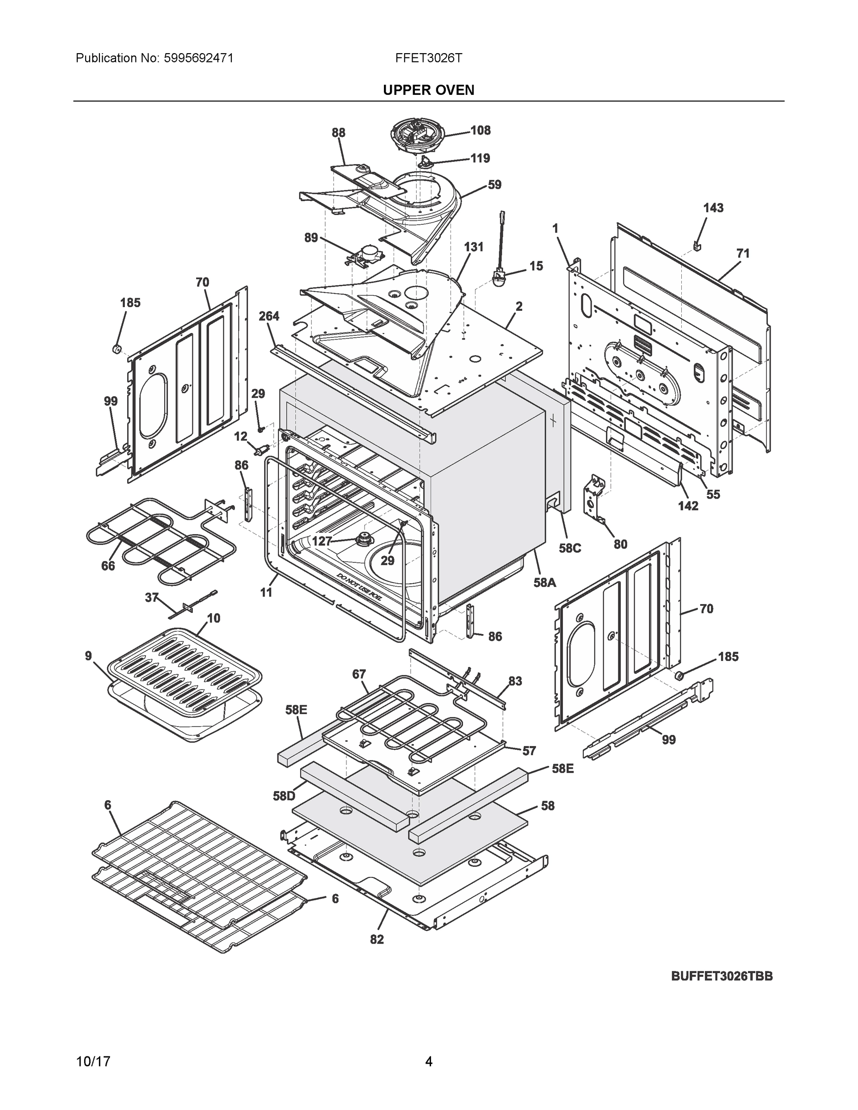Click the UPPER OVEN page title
pyautogui.click(x=428, y=90)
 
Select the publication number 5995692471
pyautogui.click(x=199, y=58)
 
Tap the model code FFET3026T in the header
pyautogui.click(x=428, y=58)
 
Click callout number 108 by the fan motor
pyautogui.click(x=480, y=130)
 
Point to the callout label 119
pyautogui.click(x=480, y=158)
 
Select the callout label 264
pyautogui.click(x=268, y=316)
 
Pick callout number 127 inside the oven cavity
pyautogui.click(x=321, y=541)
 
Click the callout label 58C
pyautogui.click(x=569, y=548)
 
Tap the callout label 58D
pyautogui.click(x=284, y=796)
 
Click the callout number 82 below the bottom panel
pyautogui.click(x=377, y=940)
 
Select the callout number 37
pyautogui.click(x=151, y=598)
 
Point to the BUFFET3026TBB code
pyautogui.click(x=722, y=976)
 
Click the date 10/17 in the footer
pyautogui.click(x=93, y=1061)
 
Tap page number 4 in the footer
pyautogui.click(x=428, y=1061)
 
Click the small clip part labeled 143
pyautogui.click(x=698, y=246)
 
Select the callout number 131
pyautogui.click(x=473, y=247)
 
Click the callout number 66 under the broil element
pyautogui.click(x=108, y=566)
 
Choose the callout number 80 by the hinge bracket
pyautogui.click(x=620, y=544)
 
